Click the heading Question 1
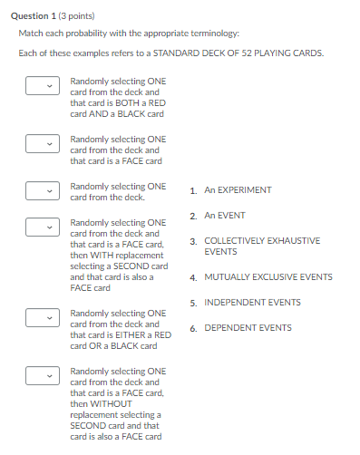(x=34, y=16)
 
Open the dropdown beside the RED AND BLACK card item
(x=43, y=86)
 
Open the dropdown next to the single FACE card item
(x=43, y=144)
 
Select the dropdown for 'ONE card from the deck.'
(x=43, y=191)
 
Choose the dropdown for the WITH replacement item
(x=43, y=227)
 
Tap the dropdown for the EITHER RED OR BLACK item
(x=43, y=318)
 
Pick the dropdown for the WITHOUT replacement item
(x=43, y=376)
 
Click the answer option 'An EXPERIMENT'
(x=238, y=190)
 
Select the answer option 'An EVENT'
(x=225, y=216)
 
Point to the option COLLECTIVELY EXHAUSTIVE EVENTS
(x=262, y=247)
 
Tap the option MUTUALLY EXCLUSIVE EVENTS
(x=268, y=277)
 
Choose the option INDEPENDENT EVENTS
(x=252, y=303)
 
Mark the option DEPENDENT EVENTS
(x=248, y=328)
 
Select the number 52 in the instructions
(x=247, y=53)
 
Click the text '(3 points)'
(x=76, y=16)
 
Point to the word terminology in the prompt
(x=215, y=34)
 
